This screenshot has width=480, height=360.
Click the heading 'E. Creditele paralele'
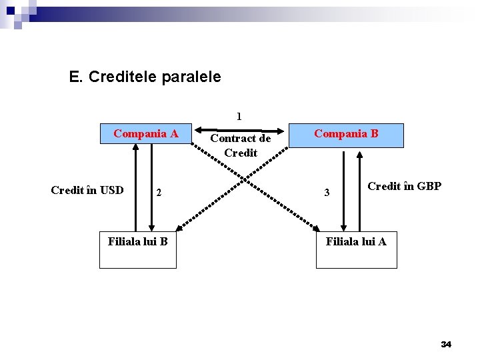(x=145, y=77)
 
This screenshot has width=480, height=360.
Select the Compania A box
(x=145, y=134)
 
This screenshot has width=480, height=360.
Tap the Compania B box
(x=346, y=134)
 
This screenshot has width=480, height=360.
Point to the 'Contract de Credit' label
(x=241, y=145)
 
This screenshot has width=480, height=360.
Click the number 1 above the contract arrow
(x=239, y=116)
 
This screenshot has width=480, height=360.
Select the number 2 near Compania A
(x=159, y=193)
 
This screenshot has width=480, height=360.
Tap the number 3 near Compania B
(x=327, y=193)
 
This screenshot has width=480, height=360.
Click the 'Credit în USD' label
(x=87, y=190)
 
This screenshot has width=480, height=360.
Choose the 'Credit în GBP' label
(x=404, y=186)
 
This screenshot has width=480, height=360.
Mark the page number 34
(x=446, y=344)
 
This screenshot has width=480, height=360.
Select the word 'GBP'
(x=429, y=186)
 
